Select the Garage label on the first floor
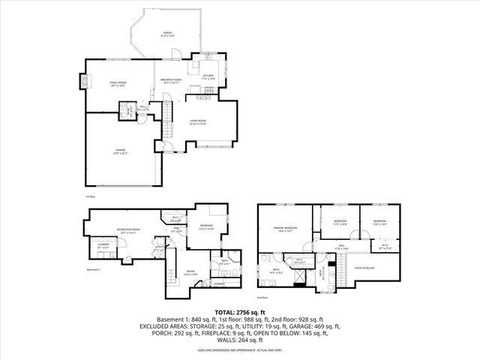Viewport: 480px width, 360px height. coord(121,151)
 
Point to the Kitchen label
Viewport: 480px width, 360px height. coord(208,76)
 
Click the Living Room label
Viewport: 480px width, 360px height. coord(197,121)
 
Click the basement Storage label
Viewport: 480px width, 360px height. coord(219,283)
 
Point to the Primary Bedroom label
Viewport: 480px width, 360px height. coord(285,229)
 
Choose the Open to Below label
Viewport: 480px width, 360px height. coord(364,268)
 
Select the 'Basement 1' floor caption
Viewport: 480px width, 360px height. coord(93,268)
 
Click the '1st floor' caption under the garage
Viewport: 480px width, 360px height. coord(89,196)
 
